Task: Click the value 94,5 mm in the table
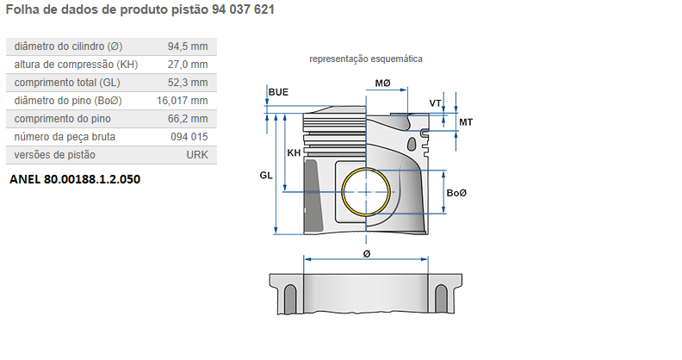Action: pyautogui.click(x=189, y=46)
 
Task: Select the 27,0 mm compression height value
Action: pyautogui.click(x=189, y=65)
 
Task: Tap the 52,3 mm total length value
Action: pyautogui.click(x=189, y=83)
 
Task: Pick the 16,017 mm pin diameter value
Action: pyautogui.click(x=183, y=101)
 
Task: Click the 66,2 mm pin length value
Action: pyautogui.click(x=189, y=119)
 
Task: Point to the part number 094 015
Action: pyautogui.click(x=189, y=137)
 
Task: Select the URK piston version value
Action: pyautogui.click(x=197, y=155)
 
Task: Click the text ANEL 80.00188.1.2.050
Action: pyautogui.click(x=74, y=180)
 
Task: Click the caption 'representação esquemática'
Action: pyautogui.click(x=366, y=59)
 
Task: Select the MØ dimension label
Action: pyautogui.click(x=382, y=83)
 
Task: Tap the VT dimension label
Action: pyautogui.click(x=436, y=103)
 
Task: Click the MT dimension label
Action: pyautogui.click(x=465, y=122)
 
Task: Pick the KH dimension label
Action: pyautogui.click(x=294, y=152)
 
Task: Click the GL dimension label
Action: pyautogui.click(x=266, y=175)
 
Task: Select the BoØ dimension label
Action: pyautogui.click(x=456, y=192)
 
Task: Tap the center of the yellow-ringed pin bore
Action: pyautogui.click(x=367, y=192)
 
